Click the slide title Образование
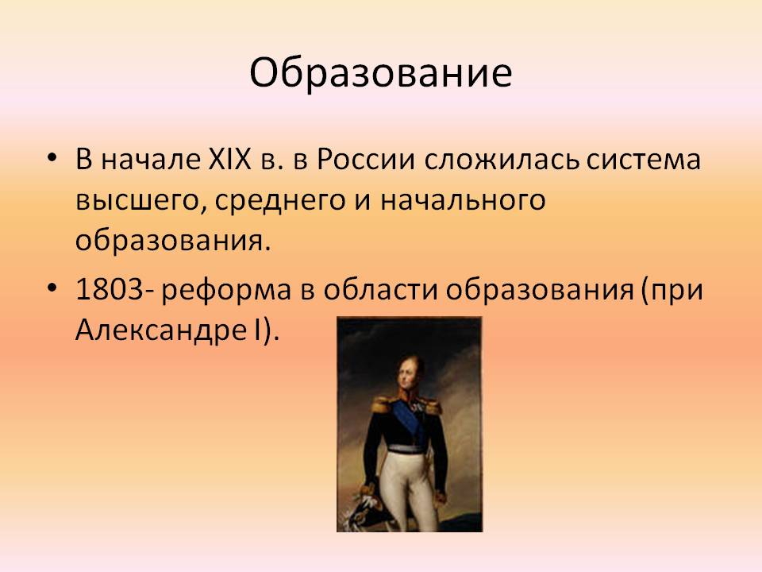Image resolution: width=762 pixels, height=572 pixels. (381, 72)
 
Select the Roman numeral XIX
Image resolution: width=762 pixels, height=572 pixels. (229, 159)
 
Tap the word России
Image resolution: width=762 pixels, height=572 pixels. (366, 159)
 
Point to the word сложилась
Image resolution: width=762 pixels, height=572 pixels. (502, 160)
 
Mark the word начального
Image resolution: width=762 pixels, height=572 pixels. (463, 200)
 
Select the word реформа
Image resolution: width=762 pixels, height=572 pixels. (226, 291)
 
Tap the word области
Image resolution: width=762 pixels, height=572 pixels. (382, 289)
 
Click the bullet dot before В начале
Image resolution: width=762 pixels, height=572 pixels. (52, 159)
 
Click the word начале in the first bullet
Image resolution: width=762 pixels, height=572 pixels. (151, 159)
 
